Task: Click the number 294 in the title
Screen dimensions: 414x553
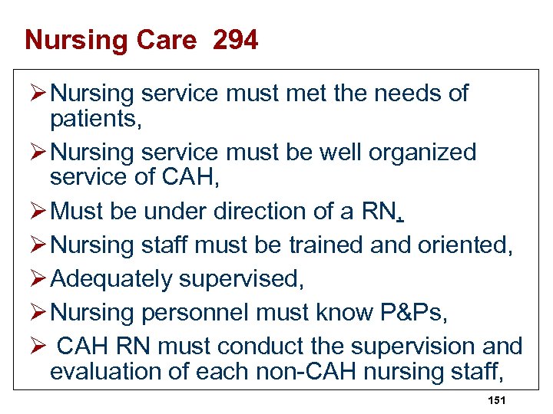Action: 236,40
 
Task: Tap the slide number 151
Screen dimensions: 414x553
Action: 496,401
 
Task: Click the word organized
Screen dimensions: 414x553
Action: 423,152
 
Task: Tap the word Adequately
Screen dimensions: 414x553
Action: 111,279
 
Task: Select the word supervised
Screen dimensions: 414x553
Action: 241,279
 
